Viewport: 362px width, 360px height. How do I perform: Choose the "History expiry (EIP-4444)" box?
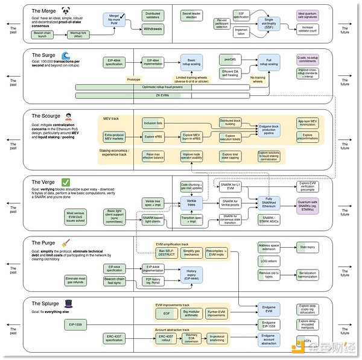pyautogui.click(x=191, y=274)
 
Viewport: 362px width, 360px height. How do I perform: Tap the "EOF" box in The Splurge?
pyautogui.click(x=166, y=314)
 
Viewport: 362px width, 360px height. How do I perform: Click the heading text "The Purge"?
pyautogui.click(x=44, y=243)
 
